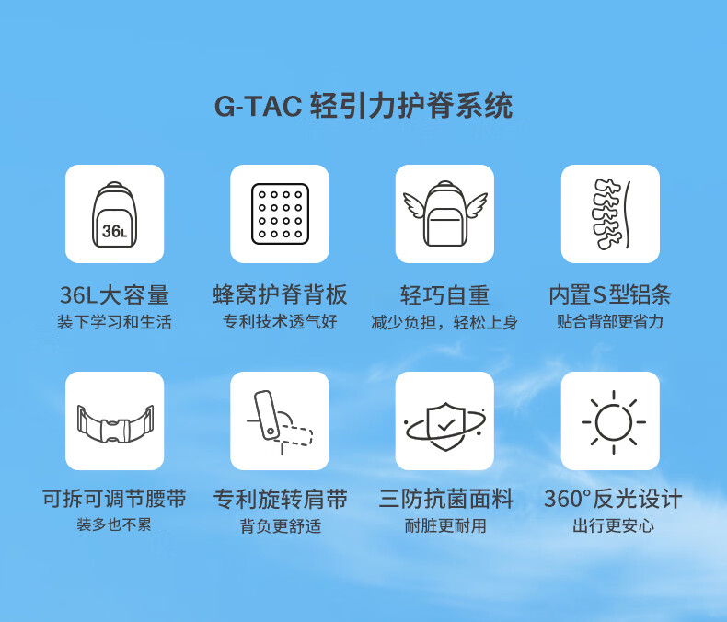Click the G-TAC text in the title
coord(258,106)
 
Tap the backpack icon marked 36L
coord(114,214)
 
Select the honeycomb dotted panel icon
coord(280,213)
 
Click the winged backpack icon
coord(445,213)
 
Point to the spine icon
coord(611,213)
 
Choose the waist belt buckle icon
coord(115,423)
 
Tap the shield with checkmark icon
coord(445,425)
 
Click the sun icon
coord(614,422)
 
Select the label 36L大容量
coord(114,295)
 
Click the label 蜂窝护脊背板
coord(280,294)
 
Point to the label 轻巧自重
coord(445,295)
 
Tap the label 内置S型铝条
coord(610,294)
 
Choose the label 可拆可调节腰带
coord(114,499)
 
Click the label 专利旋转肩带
coord(281,500)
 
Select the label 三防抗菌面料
coord(445,499)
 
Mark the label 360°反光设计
coord(613,499)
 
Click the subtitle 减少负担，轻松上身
coord(444,323)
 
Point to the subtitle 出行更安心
coord(614,526)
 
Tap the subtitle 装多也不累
coord(114,524)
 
